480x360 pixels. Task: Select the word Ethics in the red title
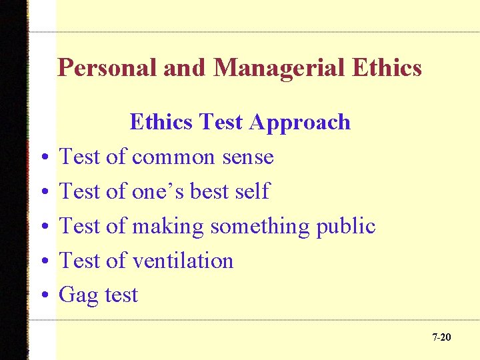385,68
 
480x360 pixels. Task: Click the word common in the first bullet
173,157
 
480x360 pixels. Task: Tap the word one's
158,191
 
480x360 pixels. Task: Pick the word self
251,191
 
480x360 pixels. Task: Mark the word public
346,226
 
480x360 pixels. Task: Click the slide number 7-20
441,337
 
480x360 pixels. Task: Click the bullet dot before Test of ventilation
42,261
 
